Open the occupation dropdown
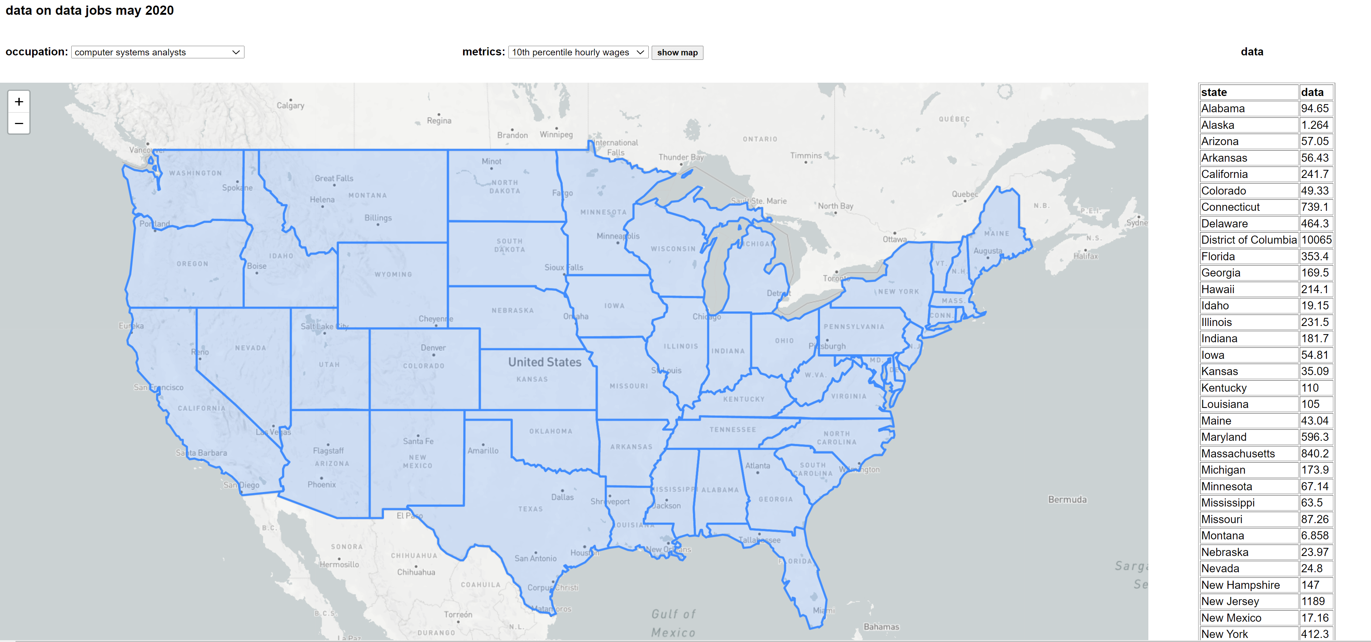pos(158,52)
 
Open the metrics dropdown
pos(578,52)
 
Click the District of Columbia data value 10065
pos(1316,240)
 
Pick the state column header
pos(1214,92)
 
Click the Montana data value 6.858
pos(1315,536)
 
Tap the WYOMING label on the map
pos(393,275)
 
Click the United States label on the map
pos(545,362)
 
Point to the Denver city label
pos(433,348)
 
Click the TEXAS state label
pos(530,509)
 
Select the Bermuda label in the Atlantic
pos(1067,499)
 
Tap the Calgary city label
pos(290,106)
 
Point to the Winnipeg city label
pos(556,135)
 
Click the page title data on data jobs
pos(89,11)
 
